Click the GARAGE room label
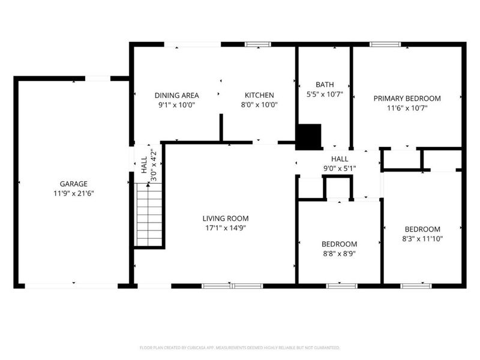(x=73, y=184)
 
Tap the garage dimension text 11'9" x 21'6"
(x=73, y=193)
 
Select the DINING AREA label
(x=177, y=95)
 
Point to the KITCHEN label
(x=259, y=95)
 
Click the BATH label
(x=325, y=85)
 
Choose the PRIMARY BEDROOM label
(x=407, y=98)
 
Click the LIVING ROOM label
(x=225, y=218)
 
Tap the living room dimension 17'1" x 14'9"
(x=225, y=227)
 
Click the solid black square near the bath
(x=310, y=136)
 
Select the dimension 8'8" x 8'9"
(x=339, y=253)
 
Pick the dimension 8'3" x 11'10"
(x=422, y=238)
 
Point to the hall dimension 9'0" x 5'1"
(x=340, y=168)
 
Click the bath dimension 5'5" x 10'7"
(x=325, y=94)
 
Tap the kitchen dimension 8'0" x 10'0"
(x=259, y=104)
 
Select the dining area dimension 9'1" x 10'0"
(x=177, y=104)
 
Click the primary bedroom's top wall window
(x=385, y=44)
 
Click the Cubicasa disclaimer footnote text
(x=240, y=347)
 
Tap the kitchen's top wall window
(x=258, y=44)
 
